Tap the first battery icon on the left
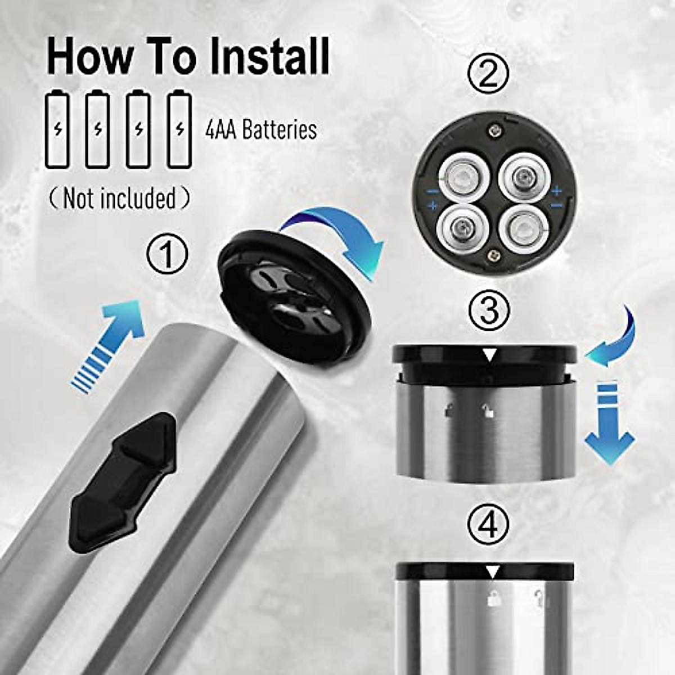[57, 129]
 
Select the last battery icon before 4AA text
[179, 129]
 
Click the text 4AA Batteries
[260, 130]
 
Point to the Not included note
[119, 199]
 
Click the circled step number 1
[167, 255]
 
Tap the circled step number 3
[488, 309]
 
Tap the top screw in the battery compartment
[494, 129]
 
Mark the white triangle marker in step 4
[493, 573]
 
